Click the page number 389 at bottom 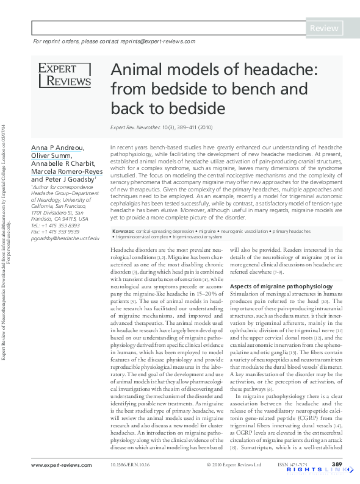336,465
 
